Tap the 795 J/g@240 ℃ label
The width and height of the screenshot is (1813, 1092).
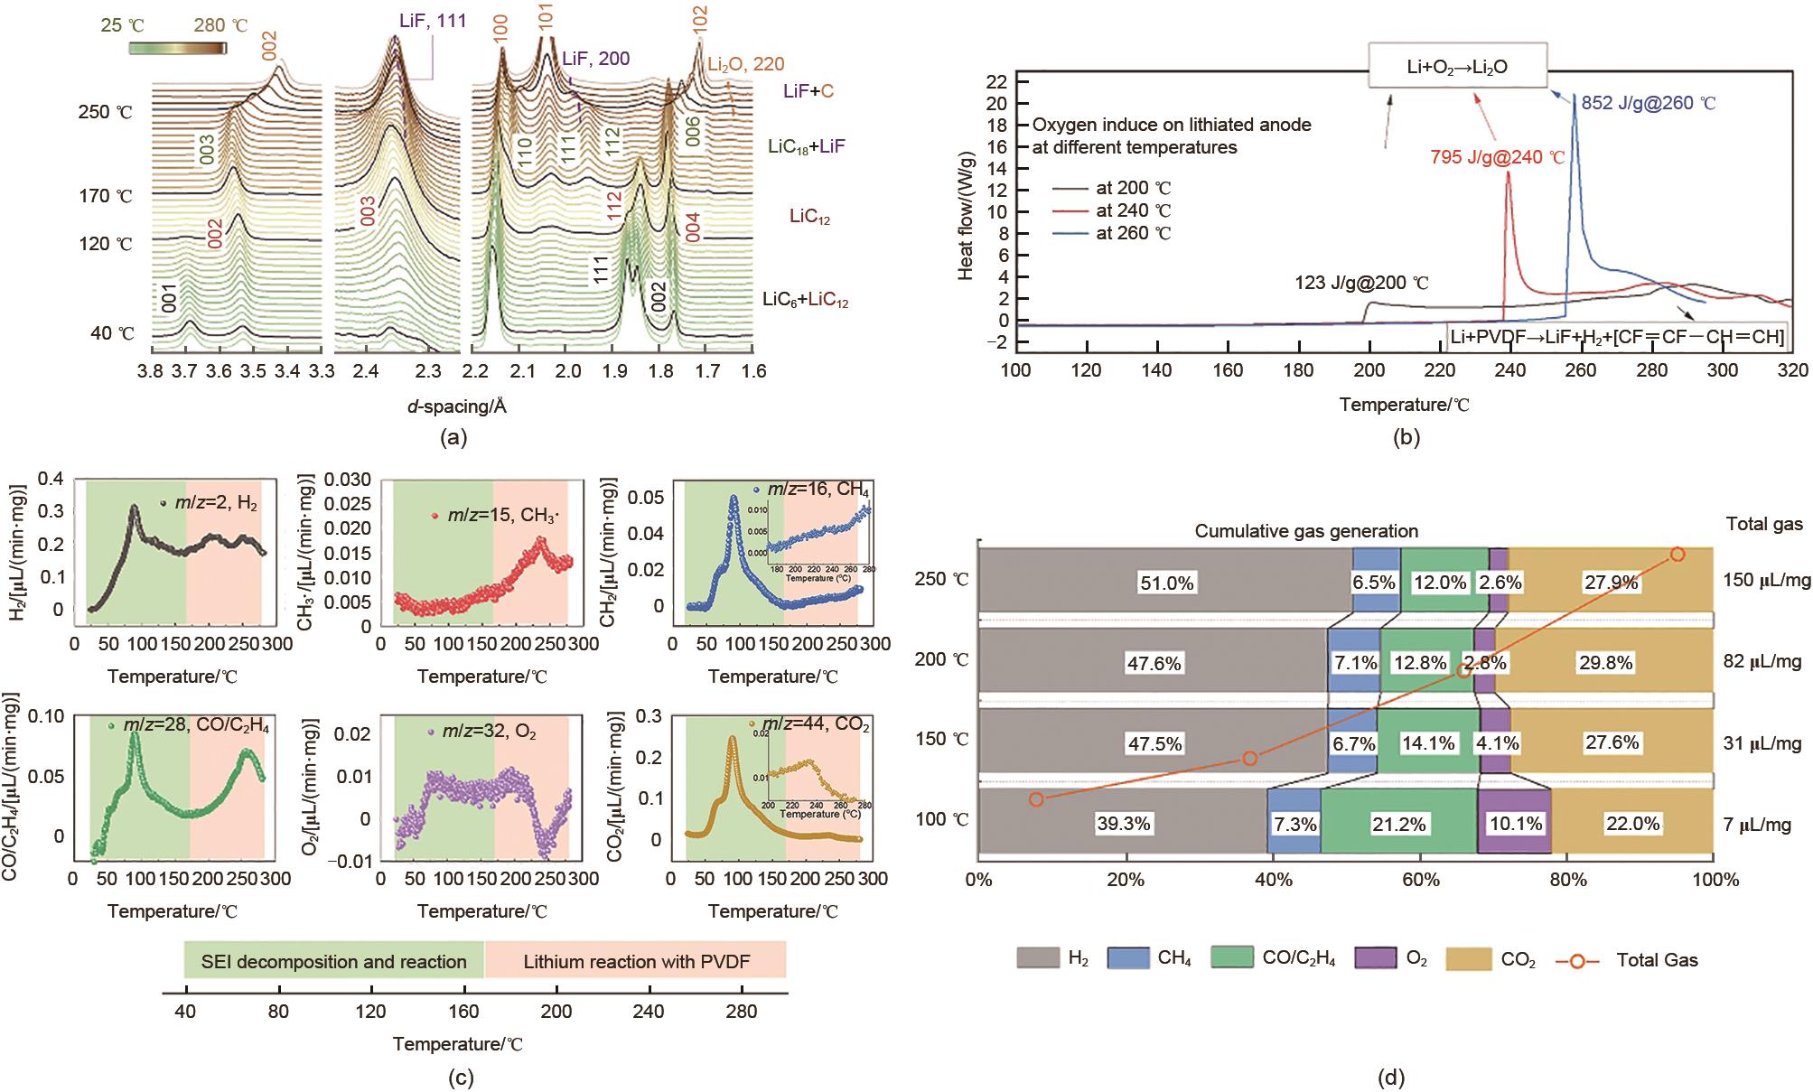(1497, 156)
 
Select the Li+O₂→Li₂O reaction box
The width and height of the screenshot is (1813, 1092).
(1458, 66)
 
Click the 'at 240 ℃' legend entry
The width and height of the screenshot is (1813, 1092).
(1133, 210)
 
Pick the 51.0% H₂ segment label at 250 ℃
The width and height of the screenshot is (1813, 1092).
(1166, 583)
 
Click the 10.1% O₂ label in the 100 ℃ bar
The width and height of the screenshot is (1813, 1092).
(1516, 824)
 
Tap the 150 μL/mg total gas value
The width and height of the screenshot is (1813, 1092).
(1766, 580)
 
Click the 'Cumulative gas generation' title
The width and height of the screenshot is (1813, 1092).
(1306, 531)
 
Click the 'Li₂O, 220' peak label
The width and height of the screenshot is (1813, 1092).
(745, 64)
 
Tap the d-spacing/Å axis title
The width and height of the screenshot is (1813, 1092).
(456, 406)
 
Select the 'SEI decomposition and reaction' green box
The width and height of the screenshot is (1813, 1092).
(334, 961)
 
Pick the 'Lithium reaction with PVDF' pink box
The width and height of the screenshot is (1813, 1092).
(635, 961)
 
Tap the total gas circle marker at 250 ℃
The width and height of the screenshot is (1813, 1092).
(1677, 555)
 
